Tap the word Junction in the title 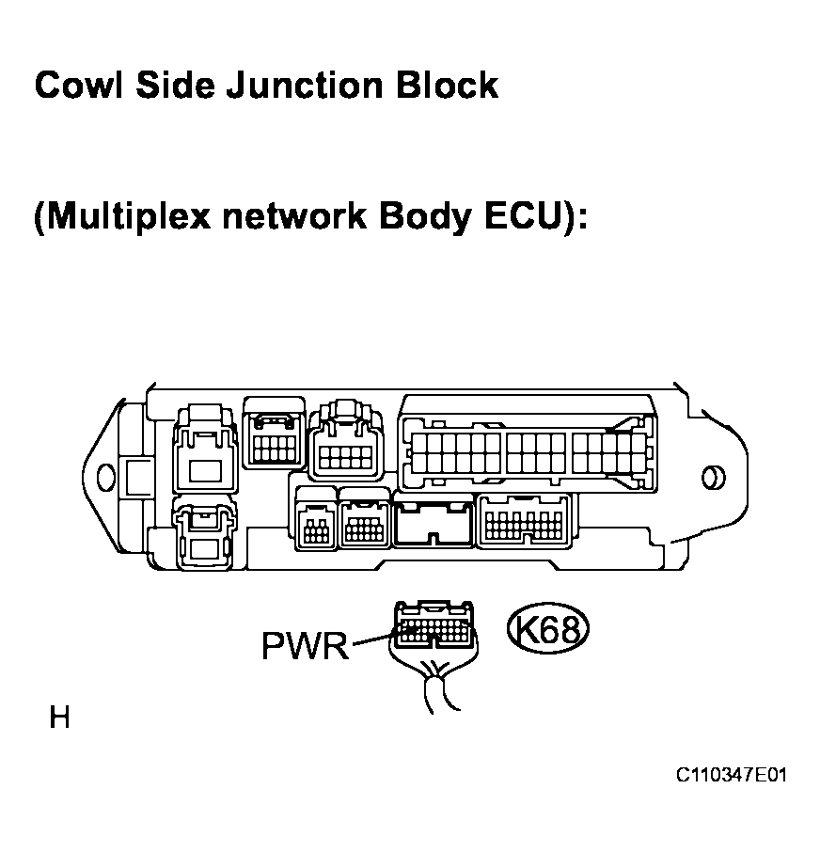pos(297,86)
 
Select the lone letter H pos(59,718)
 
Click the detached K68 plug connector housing pos(434,627)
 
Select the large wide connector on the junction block pos(527,446)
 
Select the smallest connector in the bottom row pos(314,521)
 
